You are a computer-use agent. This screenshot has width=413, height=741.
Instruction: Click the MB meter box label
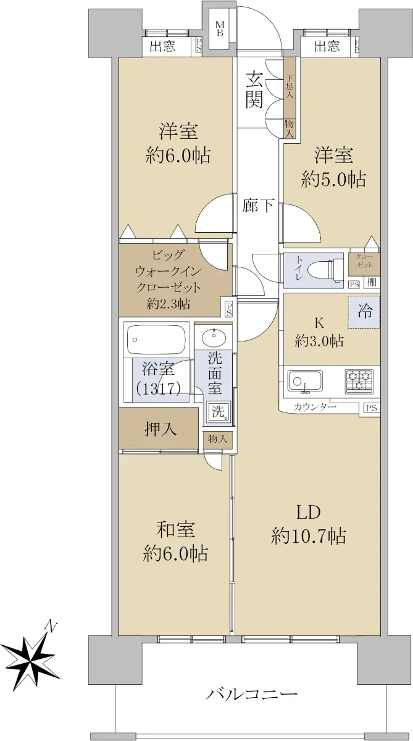pos(220,28)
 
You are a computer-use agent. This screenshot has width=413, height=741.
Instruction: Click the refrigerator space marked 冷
pos(364,312)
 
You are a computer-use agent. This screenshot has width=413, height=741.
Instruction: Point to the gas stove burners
pos(359,382)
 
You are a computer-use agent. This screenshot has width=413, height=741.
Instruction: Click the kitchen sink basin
pos(305,382)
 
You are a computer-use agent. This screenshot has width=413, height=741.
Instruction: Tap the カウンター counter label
pos(314,407)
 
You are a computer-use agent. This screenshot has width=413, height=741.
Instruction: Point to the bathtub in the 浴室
pos(156,340)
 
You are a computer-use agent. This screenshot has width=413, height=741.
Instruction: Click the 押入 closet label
pos(161,429)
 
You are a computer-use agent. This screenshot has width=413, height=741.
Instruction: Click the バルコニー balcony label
pos(252,692)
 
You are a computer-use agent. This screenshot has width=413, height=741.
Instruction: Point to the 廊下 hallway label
pos(257,206)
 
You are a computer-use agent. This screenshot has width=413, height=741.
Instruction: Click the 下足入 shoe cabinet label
pos(290,86)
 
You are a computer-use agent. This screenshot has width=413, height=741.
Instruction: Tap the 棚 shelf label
pos(372,282)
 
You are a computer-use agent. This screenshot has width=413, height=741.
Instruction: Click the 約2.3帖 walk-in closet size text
pos(169,303)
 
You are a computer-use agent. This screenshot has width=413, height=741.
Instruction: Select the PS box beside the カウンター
pos(372,408)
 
